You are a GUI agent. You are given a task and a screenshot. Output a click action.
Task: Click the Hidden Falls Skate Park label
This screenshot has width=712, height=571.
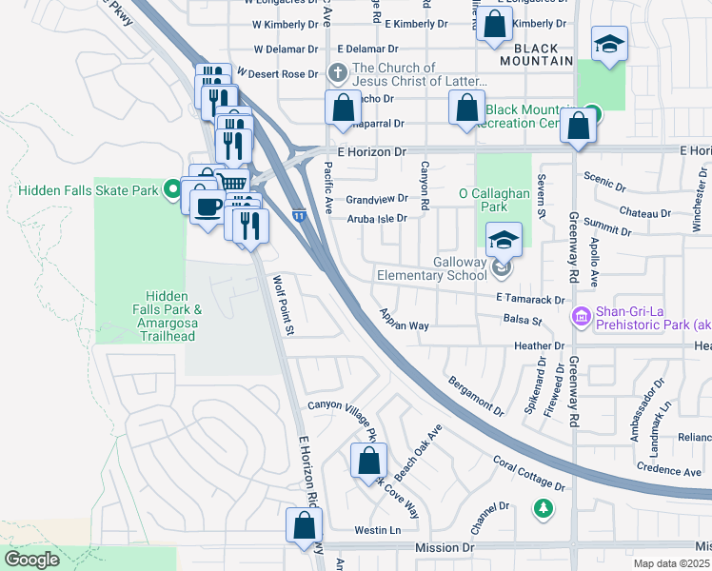point(88,190)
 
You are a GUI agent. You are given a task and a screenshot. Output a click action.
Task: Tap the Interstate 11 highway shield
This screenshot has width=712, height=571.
point(299,217)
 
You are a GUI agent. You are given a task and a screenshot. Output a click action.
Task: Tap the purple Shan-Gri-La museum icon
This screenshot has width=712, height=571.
point(579,315)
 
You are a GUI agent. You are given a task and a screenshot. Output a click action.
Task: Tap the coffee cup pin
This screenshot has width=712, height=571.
point(207,206)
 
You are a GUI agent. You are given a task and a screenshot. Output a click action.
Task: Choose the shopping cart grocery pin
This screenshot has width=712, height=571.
point(231,182)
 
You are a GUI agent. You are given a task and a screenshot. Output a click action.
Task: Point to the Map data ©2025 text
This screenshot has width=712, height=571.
point(671,563)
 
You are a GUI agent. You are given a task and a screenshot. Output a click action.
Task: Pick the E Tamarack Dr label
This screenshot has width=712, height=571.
point(531,299)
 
